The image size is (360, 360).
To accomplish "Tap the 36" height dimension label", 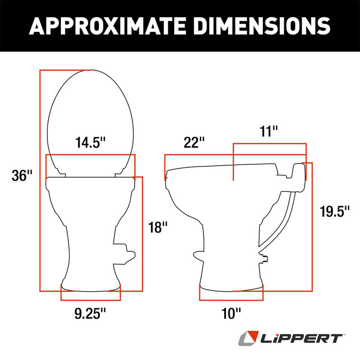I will click(x=23, y=175).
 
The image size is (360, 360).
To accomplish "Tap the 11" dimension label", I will click(x=269, y=131).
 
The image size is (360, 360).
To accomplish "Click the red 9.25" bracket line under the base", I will click(x=90, y=300).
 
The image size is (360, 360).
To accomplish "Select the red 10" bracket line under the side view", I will click(x=231, y=300).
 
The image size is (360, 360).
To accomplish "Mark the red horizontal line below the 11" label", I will click(x=269, y=144).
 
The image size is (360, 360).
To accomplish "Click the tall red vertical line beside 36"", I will click(x=40, y=180).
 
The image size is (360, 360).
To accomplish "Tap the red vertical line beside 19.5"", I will click(x=312, y=225).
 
